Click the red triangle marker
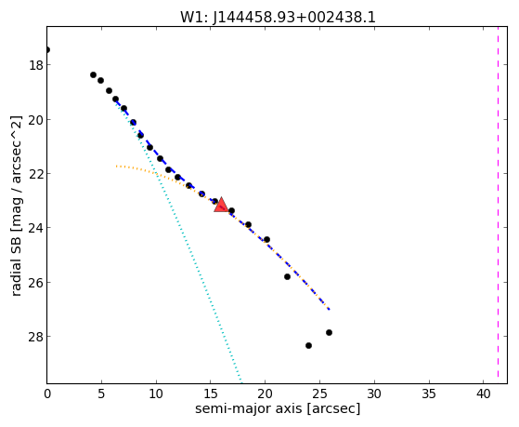[x=221, y=205]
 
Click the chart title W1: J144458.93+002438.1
[x=278, y=18]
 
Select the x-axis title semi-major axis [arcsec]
[x=278, y=408]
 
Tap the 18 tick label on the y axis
[x=36, y=65]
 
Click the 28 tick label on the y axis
[x=36, y=337]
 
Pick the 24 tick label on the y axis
[x=36, y=228]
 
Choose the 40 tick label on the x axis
[x=483, y=394]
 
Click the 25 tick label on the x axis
[x=319, y=394]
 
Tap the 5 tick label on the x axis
[x=101, y=394]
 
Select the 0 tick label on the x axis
[x=47, y=394]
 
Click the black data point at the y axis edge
[x=47, y=49]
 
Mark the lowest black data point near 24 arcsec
[x=308, y=345]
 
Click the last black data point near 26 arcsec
[x=329, y=332]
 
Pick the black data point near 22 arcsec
[x=287, y=276]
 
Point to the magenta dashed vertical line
[x=498, y=205]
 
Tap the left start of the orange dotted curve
[x=116, y=166]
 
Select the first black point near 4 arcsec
[x=94, y=74]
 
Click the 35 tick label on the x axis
[x=429, y=394]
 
